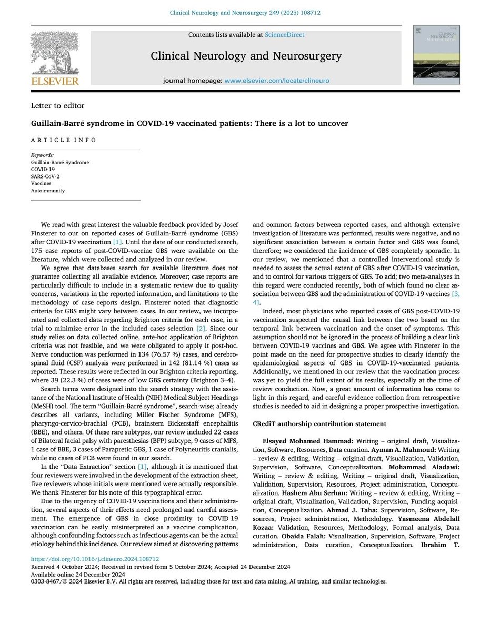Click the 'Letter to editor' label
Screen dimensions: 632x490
tap(58, 105)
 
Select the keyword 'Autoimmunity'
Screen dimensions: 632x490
tap(48, 191)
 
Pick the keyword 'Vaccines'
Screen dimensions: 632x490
tap(42, 184)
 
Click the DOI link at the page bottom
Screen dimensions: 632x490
tap(95, 559)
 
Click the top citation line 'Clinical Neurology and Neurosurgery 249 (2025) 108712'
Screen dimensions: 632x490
tap(245, 12)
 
